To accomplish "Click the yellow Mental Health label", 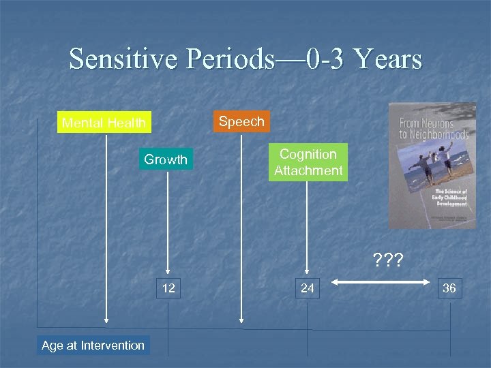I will pos(104,123).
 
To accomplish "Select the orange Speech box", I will pos(241,121).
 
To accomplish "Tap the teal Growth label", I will pos(165,159).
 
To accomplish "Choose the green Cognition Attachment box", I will pos(308,162).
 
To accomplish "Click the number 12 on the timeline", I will pos(168,288).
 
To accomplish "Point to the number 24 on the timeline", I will pos(308,288).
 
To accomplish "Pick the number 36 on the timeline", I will pos(449,288).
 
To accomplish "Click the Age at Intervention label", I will pos(93,345).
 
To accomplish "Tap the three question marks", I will pos(387,260).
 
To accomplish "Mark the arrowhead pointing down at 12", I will pos(169,273).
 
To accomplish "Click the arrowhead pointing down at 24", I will pos(308,273).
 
